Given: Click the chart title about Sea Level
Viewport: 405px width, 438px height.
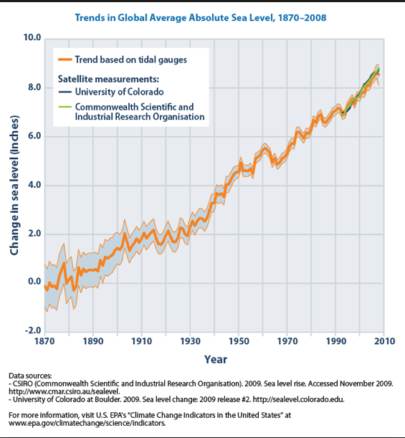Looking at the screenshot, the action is tap(201, 18).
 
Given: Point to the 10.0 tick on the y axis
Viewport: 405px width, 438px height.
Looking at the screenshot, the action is tap(32, 37).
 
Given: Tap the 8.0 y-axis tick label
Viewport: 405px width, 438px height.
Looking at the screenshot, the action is tap(34, 87).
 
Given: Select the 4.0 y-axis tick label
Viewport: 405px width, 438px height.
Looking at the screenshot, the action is tap(34, 185).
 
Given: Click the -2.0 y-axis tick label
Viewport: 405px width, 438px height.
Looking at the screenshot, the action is tap(33, 331).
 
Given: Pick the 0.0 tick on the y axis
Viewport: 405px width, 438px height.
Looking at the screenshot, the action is tap(34, 282).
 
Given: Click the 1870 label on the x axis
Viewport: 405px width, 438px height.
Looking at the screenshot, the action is tap(44, 341).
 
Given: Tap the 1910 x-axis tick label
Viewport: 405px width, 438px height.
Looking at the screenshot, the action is tap(142, 341).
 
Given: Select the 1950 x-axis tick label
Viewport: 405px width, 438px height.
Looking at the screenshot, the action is tap(239, 341).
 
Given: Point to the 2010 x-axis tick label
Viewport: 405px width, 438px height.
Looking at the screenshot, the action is tap(385, 341).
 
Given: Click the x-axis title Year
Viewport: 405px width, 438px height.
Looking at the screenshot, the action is tap(216, 360).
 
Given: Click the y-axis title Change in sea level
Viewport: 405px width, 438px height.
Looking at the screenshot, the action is tap(14, 185).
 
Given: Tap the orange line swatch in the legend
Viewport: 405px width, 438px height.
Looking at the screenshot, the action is tap(65, 59).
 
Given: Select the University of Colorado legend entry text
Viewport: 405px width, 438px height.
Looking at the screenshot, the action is tap(119, 92).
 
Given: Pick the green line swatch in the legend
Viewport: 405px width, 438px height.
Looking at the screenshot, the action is tap(65, 108).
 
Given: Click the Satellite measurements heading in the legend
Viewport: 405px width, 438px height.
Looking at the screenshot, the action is tap(108, 79).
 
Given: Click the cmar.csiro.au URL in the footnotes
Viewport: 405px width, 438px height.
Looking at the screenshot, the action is tap(65, 391).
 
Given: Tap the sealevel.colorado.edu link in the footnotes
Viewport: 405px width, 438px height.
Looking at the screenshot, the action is tap(299, 399).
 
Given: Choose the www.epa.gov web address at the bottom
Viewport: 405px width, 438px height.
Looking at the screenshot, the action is tap(87, 423).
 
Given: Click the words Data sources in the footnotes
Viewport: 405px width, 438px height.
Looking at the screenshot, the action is tap(30, 376).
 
